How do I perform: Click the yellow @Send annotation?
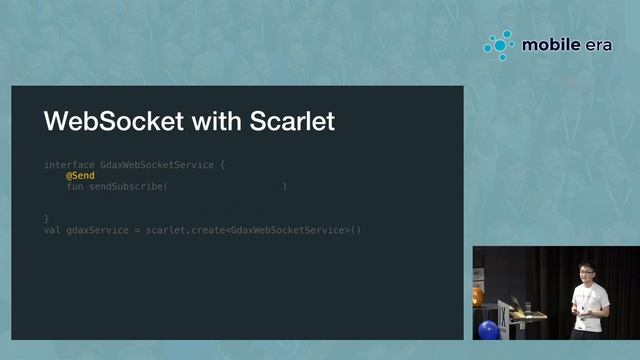tap(80, 175)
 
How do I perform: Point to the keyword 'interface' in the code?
tap(70, 164)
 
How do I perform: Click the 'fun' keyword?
tap(75, 186)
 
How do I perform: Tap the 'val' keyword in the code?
tap(53, 231)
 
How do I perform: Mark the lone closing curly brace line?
tap(47, 218)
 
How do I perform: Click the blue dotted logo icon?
tap(499, 45)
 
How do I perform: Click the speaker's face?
tap(587, 273)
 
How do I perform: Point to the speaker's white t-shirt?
tap(588, 299)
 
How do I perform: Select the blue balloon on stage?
tap(488, 330)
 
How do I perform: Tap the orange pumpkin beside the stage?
tap(478, 296)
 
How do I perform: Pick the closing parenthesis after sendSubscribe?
tap(285, 186)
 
